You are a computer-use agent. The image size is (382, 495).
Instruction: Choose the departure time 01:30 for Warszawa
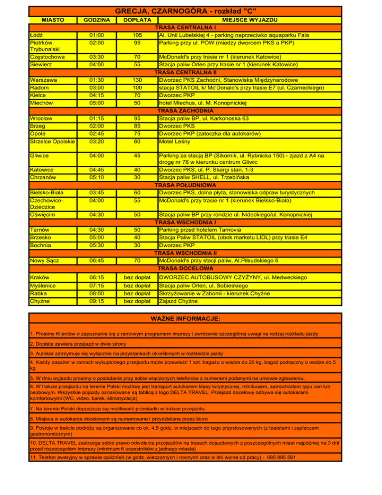[x=96, y=80]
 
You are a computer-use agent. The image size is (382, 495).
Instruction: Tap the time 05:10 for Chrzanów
[x=96, y=177]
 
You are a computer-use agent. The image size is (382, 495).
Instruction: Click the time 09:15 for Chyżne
[x=96, y=301]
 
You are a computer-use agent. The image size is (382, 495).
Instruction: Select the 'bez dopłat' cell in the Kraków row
[x=136, y=277]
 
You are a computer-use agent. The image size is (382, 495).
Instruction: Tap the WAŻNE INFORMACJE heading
[x=186, y=318]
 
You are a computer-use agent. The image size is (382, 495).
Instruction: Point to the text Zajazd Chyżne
[x=178, y=301]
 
